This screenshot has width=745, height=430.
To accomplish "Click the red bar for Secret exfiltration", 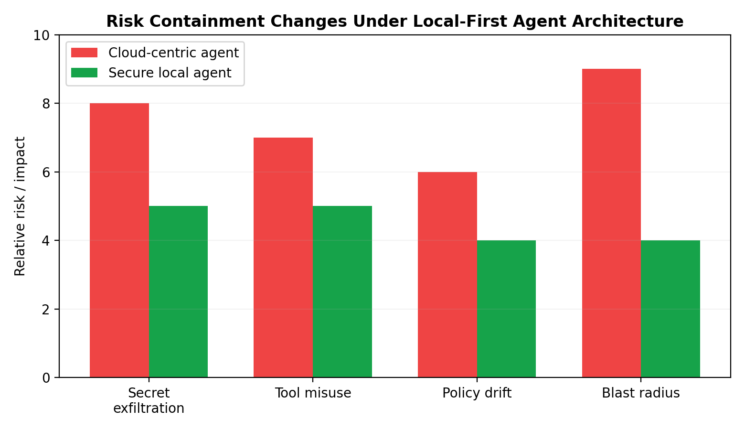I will pos(119,240).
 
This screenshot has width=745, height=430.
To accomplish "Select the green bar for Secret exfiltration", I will pos(178,291).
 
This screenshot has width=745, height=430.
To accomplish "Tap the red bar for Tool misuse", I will pos(283,258).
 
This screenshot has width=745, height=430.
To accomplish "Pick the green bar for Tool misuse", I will pos(342,291).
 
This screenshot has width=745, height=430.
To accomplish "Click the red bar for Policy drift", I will pos(447,275).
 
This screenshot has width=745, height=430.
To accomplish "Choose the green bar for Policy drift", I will pos(506,309).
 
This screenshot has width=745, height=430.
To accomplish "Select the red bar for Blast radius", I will pos(611,223).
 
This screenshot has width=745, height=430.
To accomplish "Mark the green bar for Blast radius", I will pos(670,309).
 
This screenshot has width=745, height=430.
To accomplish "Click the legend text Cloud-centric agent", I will pos(173,53).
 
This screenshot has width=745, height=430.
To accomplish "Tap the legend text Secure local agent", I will pos(170,73).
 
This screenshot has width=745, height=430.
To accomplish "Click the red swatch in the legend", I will pos(84,53).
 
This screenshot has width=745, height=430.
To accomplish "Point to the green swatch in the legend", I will pos(84,73).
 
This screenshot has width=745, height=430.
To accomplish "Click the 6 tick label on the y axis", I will pos(46,172).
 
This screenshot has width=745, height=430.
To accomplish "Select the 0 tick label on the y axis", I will pos(46,378).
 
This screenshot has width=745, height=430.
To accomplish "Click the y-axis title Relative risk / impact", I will pos(20,206).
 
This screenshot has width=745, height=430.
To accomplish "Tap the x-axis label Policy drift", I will pos(477,393).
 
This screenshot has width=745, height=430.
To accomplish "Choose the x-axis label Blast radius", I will pos(640,393).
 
